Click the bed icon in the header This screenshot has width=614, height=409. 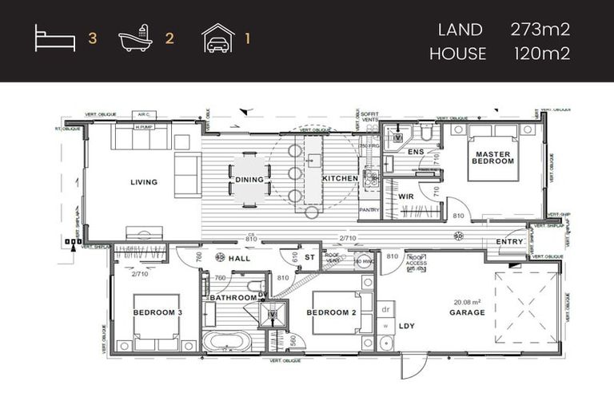point(54,38)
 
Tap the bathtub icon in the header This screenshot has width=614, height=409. point(134,38)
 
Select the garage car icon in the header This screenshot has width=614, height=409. point(217,38)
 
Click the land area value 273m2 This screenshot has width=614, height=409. point(540,30)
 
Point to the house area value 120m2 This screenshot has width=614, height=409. point(540,54)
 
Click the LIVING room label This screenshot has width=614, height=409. point(144,182)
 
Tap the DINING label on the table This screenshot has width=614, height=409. point(249,180)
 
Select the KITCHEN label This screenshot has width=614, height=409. point(340,179)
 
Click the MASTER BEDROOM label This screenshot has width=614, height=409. point(492,157)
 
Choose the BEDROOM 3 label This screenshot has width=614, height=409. point(156,312)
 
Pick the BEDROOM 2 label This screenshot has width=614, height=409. point(332,312)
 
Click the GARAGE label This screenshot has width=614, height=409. point(467,312)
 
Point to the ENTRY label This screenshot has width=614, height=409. point(509,241)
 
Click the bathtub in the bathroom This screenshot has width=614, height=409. point(227,342)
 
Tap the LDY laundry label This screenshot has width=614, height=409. point(407,325)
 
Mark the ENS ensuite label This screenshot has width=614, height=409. point(416,151)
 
